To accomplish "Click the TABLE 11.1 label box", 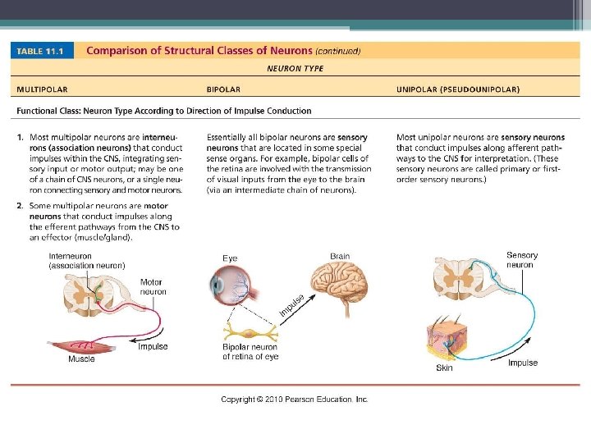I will coord(43,51).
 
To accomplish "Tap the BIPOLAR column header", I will coord(223,89).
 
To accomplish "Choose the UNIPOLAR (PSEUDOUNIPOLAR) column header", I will coord(457,89).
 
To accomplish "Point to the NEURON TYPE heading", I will coord(295,69).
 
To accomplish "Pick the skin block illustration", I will coord(444,340).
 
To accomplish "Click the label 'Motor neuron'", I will coord(153,287).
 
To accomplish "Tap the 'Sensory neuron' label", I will coord(522,260).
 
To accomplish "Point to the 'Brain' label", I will coord(340,256).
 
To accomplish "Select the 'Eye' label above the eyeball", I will coord(230,258).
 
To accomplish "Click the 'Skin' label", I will coord(444,368).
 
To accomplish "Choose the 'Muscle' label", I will coord(81,359).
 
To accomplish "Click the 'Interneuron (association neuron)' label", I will coord(86,261).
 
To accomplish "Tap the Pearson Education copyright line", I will coord(295,400).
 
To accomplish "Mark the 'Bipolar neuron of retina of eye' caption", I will coord(250,352).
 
